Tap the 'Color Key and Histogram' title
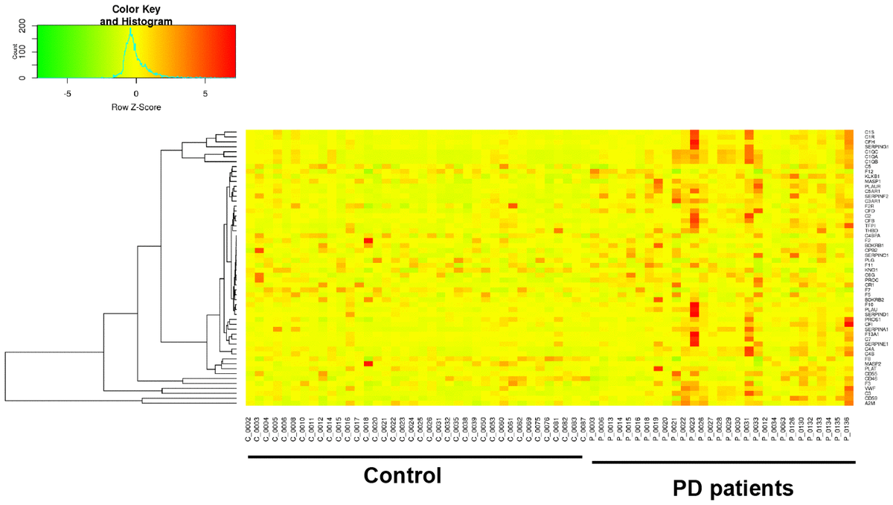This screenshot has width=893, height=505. (x=136, y=16)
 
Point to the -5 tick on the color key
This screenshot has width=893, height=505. (x=67, y=95)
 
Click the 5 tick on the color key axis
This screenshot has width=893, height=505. (x=205, y=95)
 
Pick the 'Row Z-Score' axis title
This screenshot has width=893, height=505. (x=136, y=107)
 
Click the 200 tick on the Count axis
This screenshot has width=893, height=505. (x=22, y=27)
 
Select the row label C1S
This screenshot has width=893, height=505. (x=868, y=133)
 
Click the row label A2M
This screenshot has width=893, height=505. (x=868, y=404)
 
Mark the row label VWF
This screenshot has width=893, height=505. (x=868, y=388)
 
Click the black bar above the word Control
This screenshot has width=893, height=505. (x=415, y=455)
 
